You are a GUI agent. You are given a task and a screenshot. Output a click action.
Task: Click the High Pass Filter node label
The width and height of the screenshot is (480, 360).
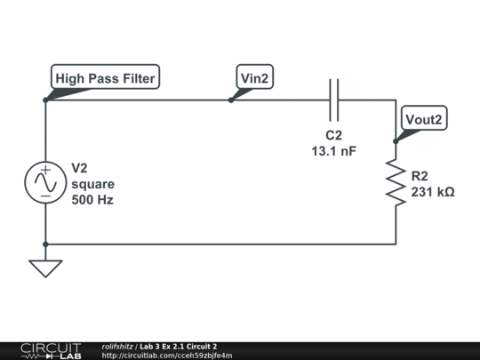coord(106,78)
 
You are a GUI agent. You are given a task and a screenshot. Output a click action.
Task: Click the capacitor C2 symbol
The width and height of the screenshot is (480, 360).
coord(334,100)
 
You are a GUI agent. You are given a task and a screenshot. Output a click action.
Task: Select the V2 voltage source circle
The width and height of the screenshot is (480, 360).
coord(44,181)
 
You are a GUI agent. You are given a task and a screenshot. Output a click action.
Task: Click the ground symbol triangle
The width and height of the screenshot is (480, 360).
coord(44,267)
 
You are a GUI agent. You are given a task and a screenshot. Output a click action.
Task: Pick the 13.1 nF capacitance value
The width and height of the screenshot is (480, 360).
coord(333,152)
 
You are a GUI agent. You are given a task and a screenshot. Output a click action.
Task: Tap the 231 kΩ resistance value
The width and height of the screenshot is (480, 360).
coord(433,191)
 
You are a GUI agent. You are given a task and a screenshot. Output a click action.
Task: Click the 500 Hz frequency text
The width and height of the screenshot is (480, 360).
coord(92,200)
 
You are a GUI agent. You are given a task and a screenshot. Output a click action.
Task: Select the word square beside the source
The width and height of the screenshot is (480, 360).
coord(92,184)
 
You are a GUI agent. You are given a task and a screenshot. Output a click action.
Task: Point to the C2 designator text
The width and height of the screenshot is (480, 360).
coord(333,136)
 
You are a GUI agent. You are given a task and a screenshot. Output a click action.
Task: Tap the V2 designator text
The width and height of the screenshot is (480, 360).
coord(81,168)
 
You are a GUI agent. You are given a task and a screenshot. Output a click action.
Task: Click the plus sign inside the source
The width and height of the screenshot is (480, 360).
coord(44,168)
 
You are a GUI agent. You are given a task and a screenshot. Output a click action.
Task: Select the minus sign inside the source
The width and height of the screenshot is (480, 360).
coord(44,196)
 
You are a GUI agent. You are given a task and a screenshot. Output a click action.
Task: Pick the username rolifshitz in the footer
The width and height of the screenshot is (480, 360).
coord(117,346)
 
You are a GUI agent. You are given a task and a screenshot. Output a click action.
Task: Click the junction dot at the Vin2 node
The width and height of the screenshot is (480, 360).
coord(231,100)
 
